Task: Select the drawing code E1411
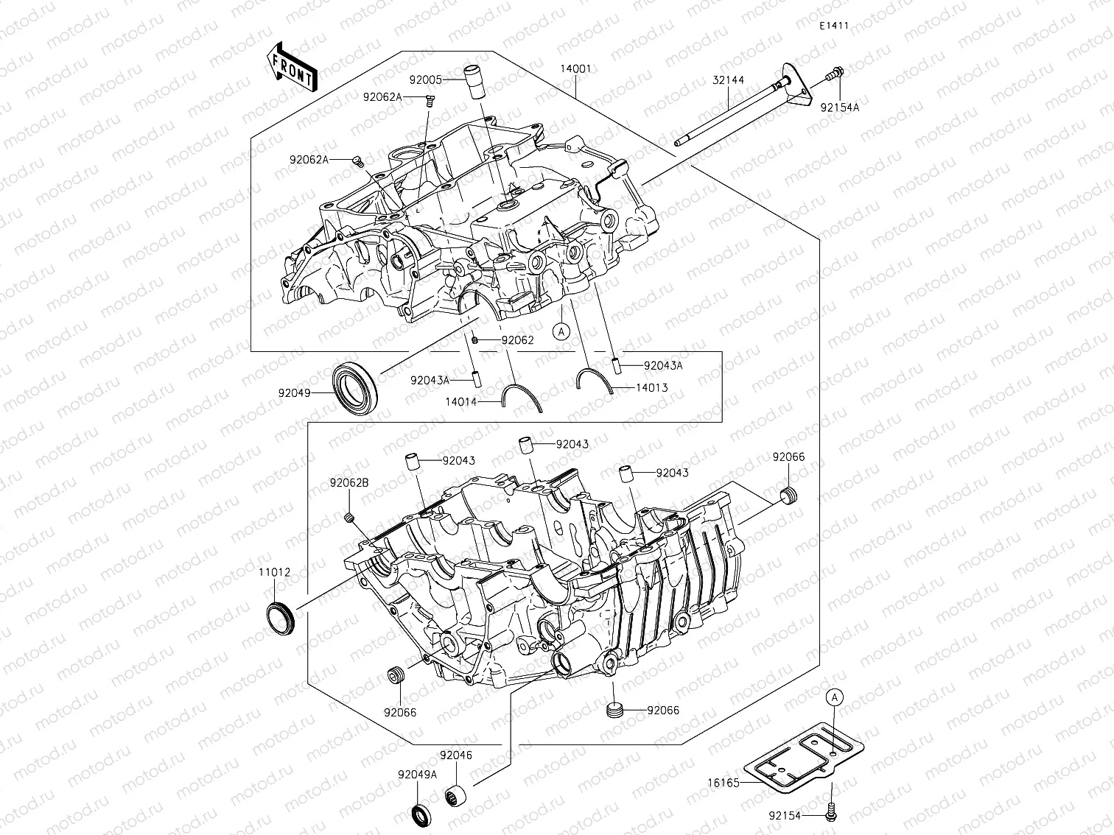coord(833,26)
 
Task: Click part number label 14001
coord(575,68)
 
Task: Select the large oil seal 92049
coord(357,387)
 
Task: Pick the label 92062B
coord(349,483)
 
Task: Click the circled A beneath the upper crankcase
coord(561,331)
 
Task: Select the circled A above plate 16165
coord(833,697)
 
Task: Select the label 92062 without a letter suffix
coord(517,341)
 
